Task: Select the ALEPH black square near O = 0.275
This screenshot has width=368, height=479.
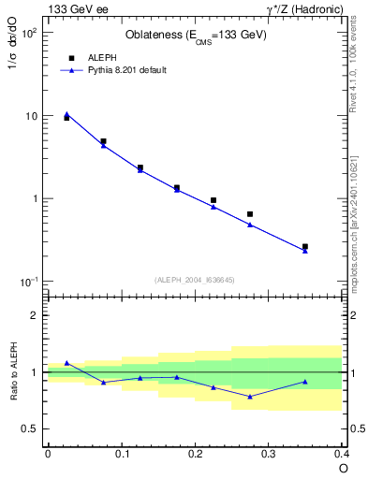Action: [250, 214]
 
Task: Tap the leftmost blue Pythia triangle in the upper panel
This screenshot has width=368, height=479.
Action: [66, 113]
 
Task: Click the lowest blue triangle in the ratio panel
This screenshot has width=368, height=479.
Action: [250, 397]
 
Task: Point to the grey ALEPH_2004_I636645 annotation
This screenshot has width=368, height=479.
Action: [194, 280]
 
